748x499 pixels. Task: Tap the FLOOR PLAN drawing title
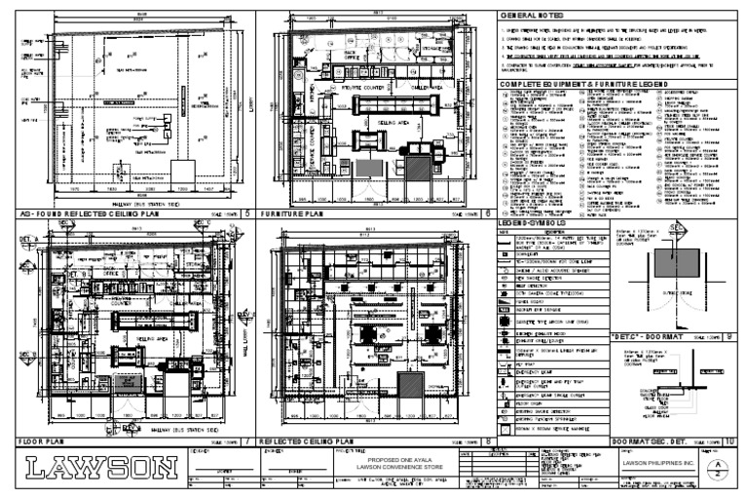(x=43, y=441)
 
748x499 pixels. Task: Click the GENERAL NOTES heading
(x=534, y=17)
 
